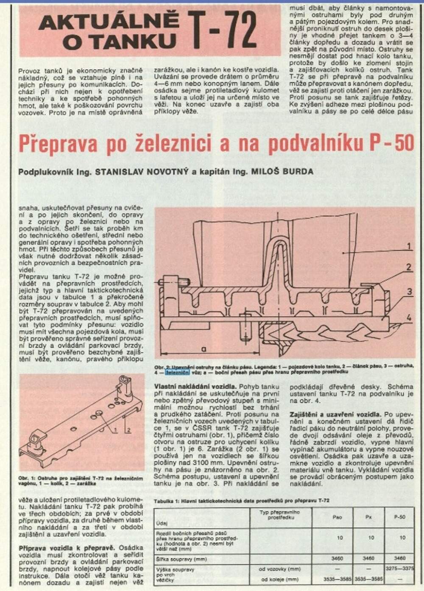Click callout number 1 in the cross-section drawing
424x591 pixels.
point(409,246)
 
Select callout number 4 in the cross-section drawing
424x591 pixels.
point(409,318)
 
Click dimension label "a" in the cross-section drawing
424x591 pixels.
point(204,349)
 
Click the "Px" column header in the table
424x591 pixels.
point(371,517)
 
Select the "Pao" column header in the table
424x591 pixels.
point(338,517)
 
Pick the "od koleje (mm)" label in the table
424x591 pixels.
point(280,579)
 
